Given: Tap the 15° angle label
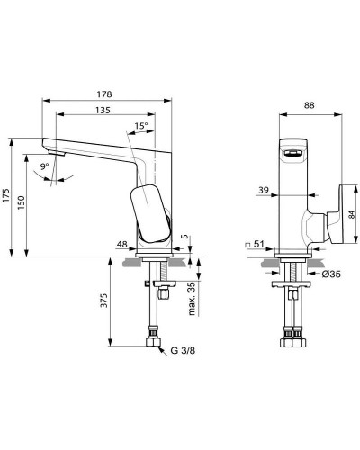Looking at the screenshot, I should pos(141,126).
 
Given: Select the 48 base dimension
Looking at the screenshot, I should pos(121,241).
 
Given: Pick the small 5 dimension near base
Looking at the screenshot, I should pos(185,238).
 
